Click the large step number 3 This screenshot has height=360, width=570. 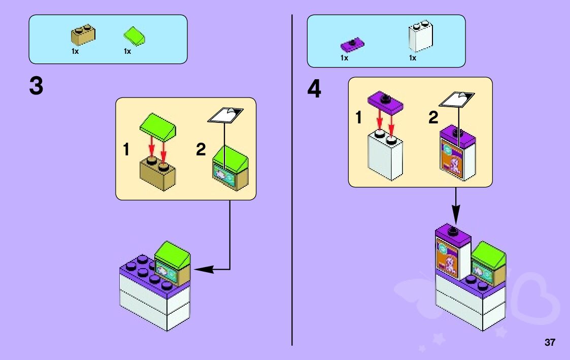tap(37, 87)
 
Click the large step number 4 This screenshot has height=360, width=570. tap(314, 90)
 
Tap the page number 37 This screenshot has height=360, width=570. tap(550, 342)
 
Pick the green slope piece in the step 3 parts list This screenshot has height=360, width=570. tap(135, 36)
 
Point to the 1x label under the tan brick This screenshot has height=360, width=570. tap(75, 51)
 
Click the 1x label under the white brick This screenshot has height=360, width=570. tap(413, 58)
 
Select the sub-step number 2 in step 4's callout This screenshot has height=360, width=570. tap(432, 118)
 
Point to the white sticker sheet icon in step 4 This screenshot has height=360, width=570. tap(457, 98)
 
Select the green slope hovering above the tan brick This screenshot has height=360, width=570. tap(158, 127)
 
